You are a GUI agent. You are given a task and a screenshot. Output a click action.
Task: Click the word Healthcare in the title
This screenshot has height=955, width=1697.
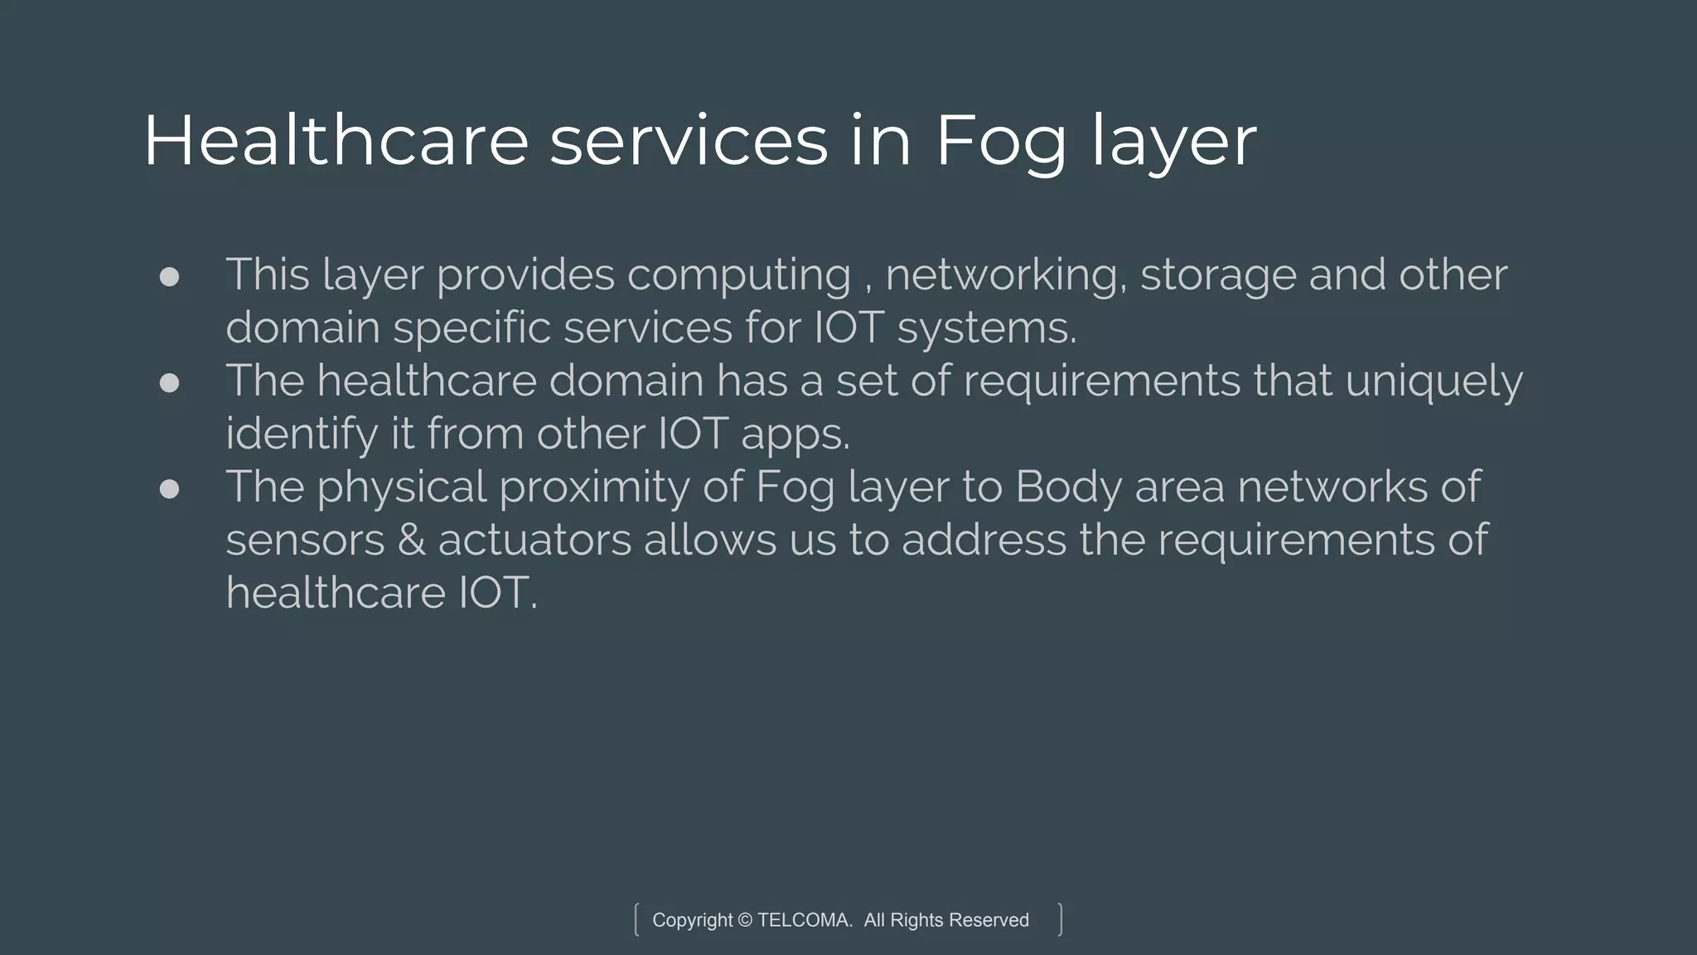(x=336, y=141)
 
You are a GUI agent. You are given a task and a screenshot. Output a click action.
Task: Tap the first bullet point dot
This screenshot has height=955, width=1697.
(x=169, y=276)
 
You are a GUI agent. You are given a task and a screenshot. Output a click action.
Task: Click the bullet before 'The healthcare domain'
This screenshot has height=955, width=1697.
(x=169, y=382)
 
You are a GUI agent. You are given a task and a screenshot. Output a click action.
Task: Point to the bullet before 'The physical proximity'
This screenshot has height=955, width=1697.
(x=169, y=488)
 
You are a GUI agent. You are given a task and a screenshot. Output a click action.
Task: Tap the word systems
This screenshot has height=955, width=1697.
(x=987, y=328)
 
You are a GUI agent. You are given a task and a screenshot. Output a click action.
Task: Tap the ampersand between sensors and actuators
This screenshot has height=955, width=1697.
(x=411, y=541)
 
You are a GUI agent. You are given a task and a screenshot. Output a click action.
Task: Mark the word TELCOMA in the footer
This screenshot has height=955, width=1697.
(x=804, y=920)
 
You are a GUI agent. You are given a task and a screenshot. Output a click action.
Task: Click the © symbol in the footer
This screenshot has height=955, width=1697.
(x=744, y=920)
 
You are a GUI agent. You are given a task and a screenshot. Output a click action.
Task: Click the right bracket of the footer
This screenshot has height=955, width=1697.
(x=1060, y=920)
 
